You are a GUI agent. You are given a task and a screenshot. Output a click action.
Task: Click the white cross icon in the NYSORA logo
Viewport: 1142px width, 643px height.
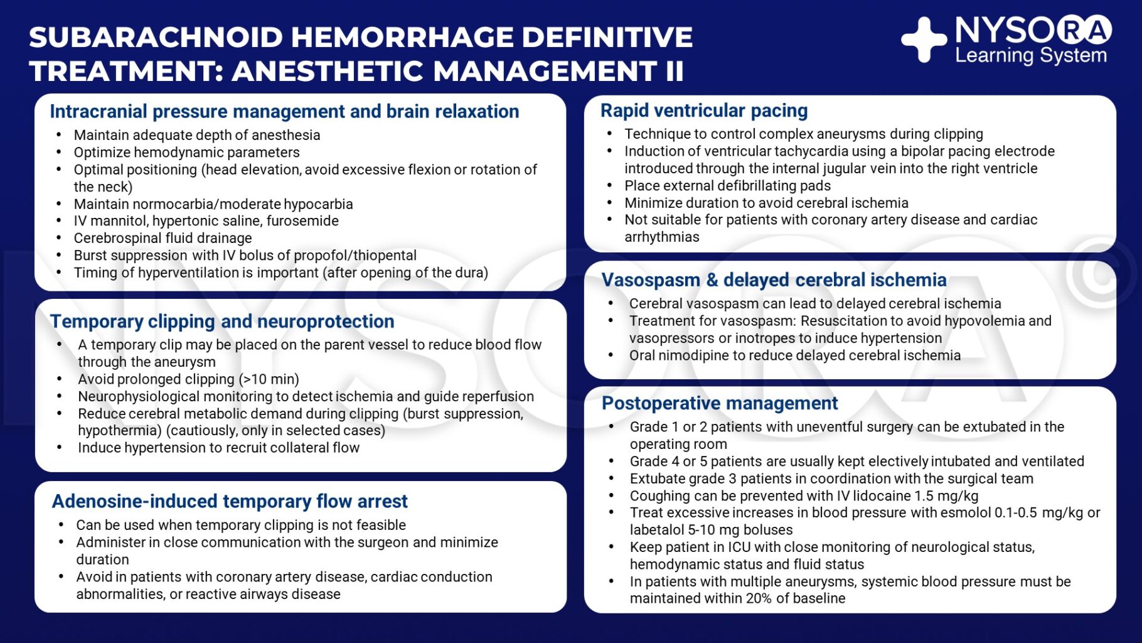[923, 40]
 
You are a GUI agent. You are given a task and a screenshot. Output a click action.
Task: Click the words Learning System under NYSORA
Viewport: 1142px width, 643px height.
[1030, 55]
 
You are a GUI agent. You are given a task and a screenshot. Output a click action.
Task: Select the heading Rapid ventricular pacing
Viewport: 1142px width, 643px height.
[703, 111]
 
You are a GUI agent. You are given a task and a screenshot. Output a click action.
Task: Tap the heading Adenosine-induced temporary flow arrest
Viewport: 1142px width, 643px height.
[230, 501]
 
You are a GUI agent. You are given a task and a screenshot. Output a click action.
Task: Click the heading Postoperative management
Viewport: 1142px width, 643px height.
[719, 403]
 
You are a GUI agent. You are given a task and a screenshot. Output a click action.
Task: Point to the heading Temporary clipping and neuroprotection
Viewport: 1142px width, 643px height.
[222, 321]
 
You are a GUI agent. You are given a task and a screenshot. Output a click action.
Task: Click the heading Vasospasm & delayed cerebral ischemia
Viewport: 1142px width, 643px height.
[774, 280]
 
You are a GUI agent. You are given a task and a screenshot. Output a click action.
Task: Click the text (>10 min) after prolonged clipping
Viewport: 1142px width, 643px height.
[269, 379]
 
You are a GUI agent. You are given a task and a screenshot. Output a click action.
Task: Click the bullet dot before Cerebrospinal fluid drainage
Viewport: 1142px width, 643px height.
[59, 238]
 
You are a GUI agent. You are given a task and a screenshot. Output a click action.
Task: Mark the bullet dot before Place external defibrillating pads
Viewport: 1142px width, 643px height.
[609, 186]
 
